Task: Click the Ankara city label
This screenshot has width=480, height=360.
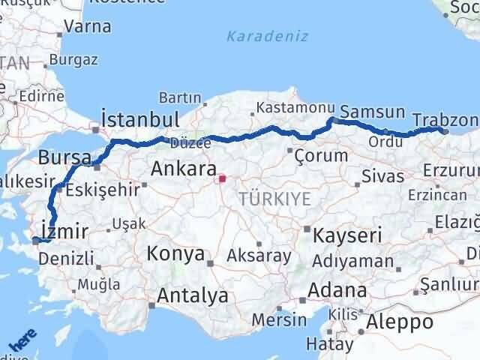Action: pos(184,169)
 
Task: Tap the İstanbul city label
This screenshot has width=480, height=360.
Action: pos(139,120)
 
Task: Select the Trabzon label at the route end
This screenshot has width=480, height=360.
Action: pos(445,120)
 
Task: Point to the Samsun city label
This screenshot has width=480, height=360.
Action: pos(373,112)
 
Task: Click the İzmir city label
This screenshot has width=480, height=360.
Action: pos(66,230)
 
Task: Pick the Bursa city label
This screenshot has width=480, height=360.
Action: pos(64,158)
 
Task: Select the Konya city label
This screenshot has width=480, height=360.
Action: pos(175,253)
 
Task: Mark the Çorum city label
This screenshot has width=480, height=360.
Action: pos(321,156)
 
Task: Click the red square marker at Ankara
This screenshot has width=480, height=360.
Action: pos(221,178)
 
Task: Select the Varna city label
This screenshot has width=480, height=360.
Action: pos(88,26)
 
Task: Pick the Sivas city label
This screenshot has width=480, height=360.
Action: pos(382,177)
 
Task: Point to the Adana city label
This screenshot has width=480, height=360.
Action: pos(340,289)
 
